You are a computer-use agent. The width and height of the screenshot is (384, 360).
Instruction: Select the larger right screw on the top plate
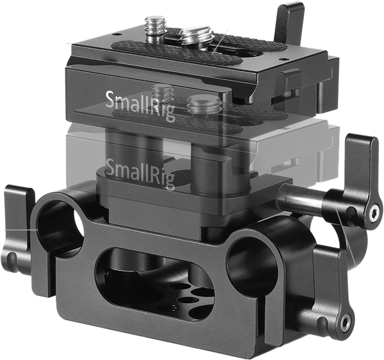pyautogui.click(x=191, y=40)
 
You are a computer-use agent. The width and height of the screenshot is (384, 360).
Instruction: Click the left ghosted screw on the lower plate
pyautogui.click(x=163, y=94)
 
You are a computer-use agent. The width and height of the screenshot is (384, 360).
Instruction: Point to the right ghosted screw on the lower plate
pyautogui.click(x=200, y=106)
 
